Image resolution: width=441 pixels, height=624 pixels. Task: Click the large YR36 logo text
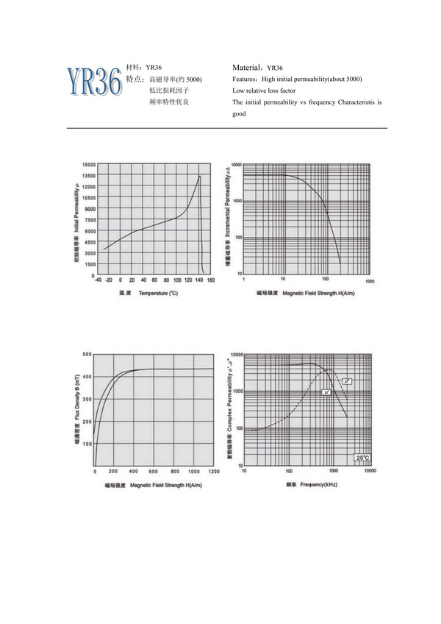[x=94, y=82]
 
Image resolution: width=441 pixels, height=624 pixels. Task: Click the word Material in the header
[x=248, y=66]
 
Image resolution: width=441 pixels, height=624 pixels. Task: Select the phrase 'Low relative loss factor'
[x=263, y=91]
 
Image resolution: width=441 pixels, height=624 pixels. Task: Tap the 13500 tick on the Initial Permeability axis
[x=88, y=176]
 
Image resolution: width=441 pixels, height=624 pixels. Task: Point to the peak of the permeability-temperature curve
[x=198, y=175]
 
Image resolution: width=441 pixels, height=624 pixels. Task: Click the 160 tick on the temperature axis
[x=211, y=280]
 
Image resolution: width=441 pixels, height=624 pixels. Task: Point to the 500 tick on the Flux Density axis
[x=87, y=355]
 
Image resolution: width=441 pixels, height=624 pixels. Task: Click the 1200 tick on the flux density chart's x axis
[x=214, y=471]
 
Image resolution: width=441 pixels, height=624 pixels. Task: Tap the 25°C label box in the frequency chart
[x=363, y=458]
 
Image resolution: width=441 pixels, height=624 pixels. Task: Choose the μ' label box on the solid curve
[x=326, y=392]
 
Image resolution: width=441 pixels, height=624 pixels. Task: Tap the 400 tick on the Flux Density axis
[x=87, y=377]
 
